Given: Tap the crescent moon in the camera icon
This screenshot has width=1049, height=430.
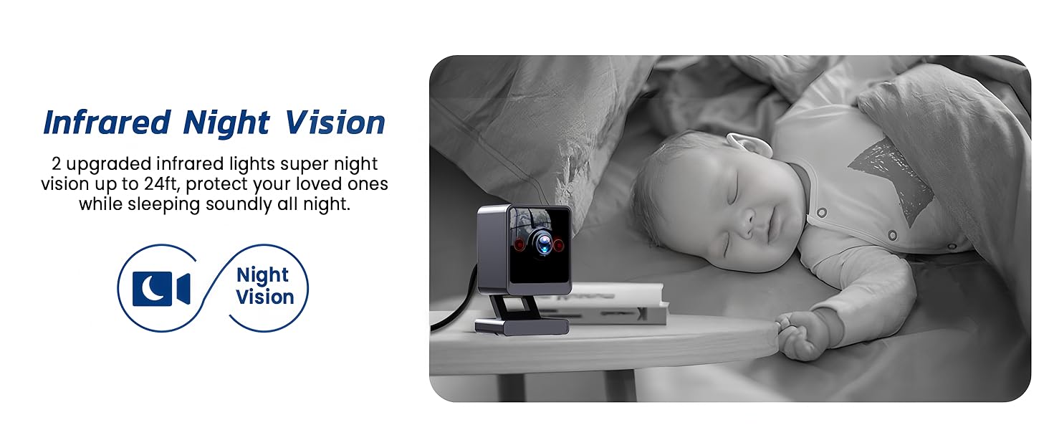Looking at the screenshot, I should pyautogui.click(x=152, y=288).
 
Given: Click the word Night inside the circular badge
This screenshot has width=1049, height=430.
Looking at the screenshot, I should pyautogui.click(x=262, y=275).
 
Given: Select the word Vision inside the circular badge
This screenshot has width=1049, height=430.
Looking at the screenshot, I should pyautogui.click(x=264, y=297).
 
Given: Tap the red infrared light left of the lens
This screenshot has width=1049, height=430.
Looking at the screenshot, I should pyautogui.click(x=519, y=244).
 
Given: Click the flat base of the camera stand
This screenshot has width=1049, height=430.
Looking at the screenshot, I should pyautogui.click(x=522, y=327).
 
